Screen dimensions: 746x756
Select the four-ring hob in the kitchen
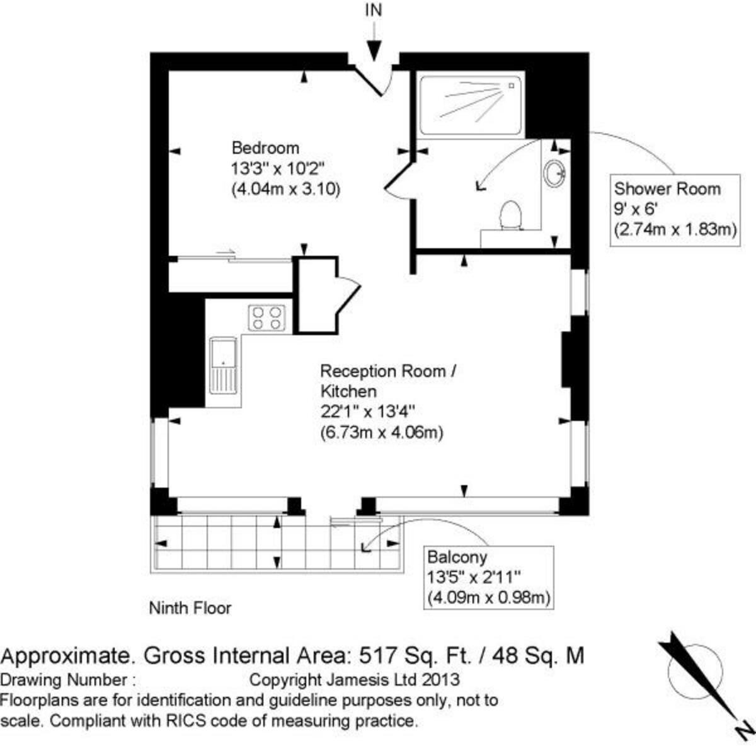267,318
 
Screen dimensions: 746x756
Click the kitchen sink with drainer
224,365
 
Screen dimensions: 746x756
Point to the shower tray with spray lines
471,105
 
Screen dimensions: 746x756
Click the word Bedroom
265,148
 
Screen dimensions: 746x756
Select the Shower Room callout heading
667,188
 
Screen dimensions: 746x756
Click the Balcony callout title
457,557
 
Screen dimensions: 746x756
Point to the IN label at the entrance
374,10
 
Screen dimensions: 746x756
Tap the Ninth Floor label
190,608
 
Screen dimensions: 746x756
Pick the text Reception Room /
387,371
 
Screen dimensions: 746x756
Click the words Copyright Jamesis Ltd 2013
355,680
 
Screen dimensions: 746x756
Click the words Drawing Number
64,680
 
